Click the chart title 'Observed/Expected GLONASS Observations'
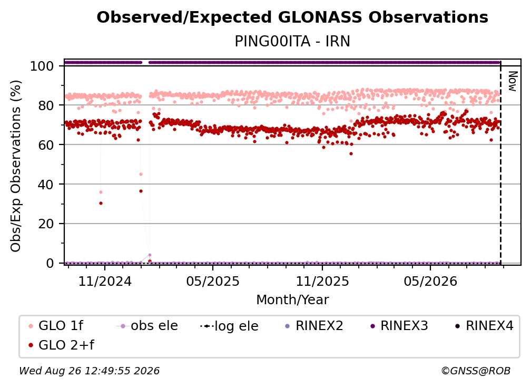tap(292, 17)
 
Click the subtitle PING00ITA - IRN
tap(292, 41)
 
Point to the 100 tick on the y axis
tap(42, 66)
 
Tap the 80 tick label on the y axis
tap(46, 105)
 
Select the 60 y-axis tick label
tap(46, 145)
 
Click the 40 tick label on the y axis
tap(46, 185)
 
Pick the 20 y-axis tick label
tap(46, 224)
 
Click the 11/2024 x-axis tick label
tap(105, 281)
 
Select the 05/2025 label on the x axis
tap(213, 281)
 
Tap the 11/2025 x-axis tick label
tap(322, 281)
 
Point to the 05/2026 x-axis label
tap(430, 281)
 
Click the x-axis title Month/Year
tap(292, 299)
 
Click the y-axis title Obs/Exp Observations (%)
tap(16, 166)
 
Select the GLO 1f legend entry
tap(56, 326)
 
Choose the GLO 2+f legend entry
tap(61, 345)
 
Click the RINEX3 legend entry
tap(399, 326)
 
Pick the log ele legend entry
tap(229, 326)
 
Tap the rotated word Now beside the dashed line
tap(513, 81)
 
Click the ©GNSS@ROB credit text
tap(476, 371)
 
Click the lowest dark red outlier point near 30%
tap(101, 204)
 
